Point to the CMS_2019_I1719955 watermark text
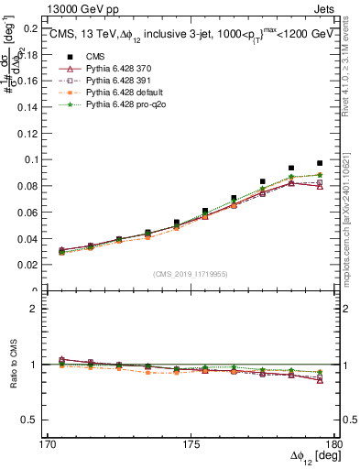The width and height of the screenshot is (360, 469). coord(191,272)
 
